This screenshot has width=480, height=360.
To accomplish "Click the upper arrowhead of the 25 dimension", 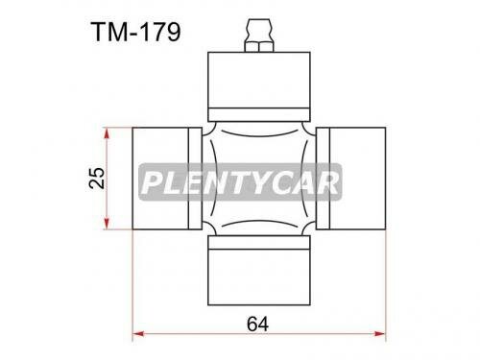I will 116,131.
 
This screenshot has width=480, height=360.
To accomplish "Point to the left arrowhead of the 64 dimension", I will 137,333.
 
